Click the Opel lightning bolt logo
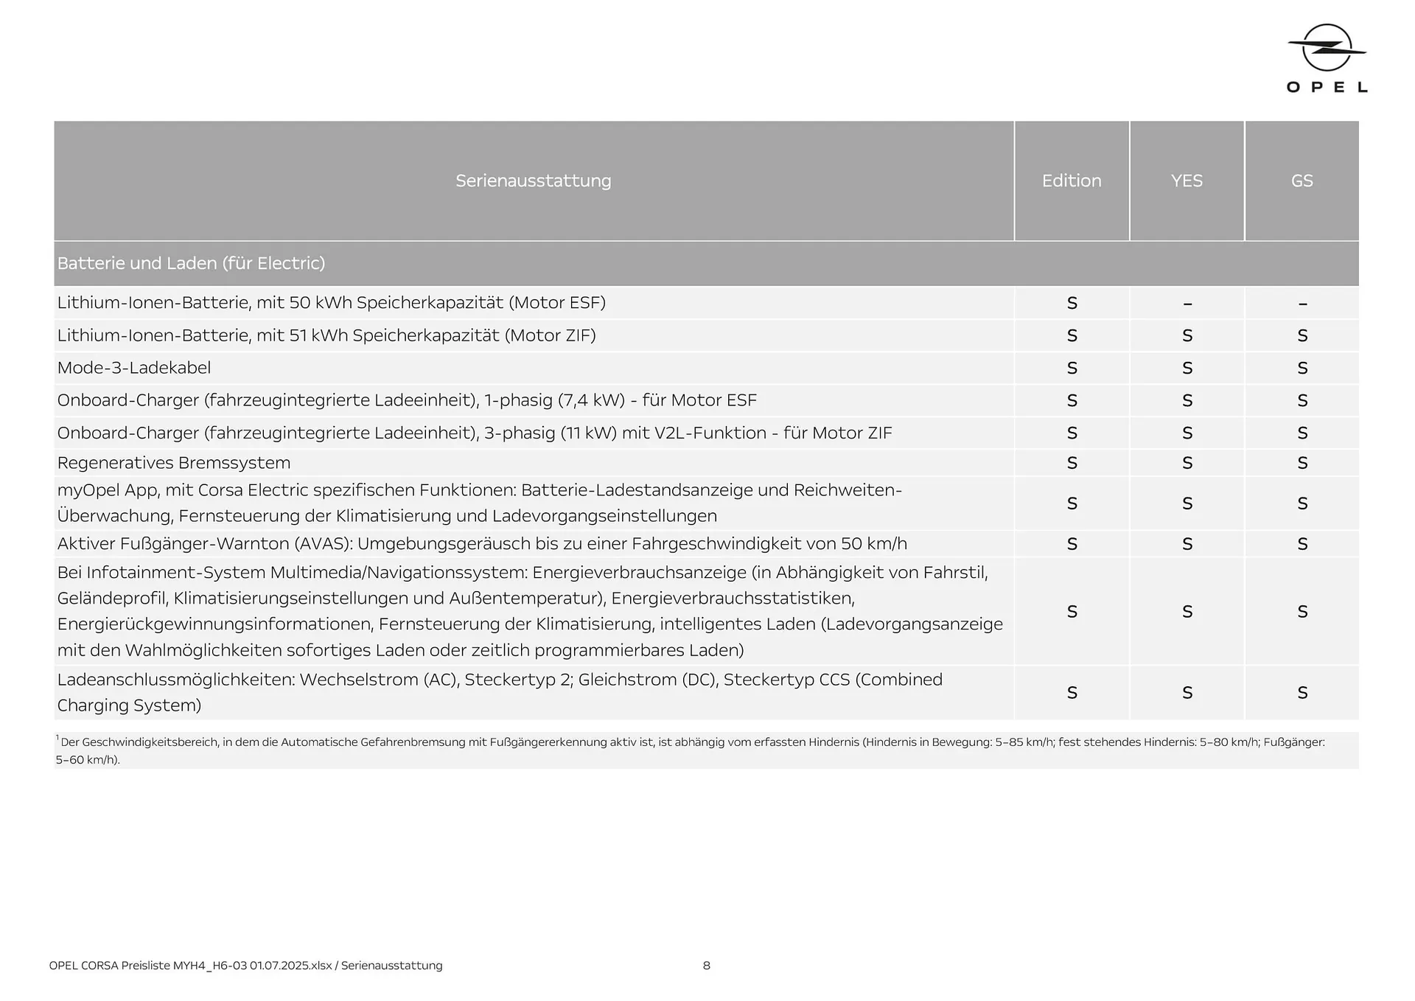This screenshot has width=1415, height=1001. pyautogui.click(x=1327, y=49)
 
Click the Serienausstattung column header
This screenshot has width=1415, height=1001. pyautogui.click(x=533, y=181)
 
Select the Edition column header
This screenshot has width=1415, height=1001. pyautogui.click(x=1071, y=181)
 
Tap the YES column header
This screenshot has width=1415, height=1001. pyautogui.click(x=1187, y=181)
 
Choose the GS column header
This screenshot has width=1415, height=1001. pyautogui.click(x=1302, y=181)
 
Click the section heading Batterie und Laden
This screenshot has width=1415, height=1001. pyautogui.click(x=191, y=263)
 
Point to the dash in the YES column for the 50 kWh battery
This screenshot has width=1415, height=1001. pyautogui.click(x=1187, y=304)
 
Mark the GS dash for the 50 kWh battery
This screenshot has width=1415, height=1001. pyautogui.click(x=1302, y=304)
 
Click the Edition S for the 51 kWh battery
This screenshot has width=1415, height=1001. pyautogui.click(x=1072, y=336)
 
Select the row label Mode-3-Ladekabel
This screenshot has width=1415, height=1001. pyautogui.click(x=134, y=368)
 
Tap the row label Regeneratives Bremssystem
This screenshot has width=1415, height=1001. pyautogui.click(x=174, y=463)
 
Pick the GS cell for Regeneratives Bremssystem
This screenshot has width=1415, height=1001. pyautogui.click(x=1302, y=464)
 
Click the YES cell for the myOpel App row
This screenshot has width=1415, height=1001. pyautogui.click(x=1187, y=504)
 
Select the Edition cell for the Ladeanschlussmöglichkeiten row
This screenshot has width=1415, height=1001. pyautogui.click(x=1072, y=693)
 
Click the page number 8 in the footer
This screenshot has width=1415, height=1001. pyautogui.click(x=706, y=966)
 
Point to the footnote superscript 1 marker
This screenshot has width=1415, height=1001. pyautogui.click(x=57, y=738)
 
